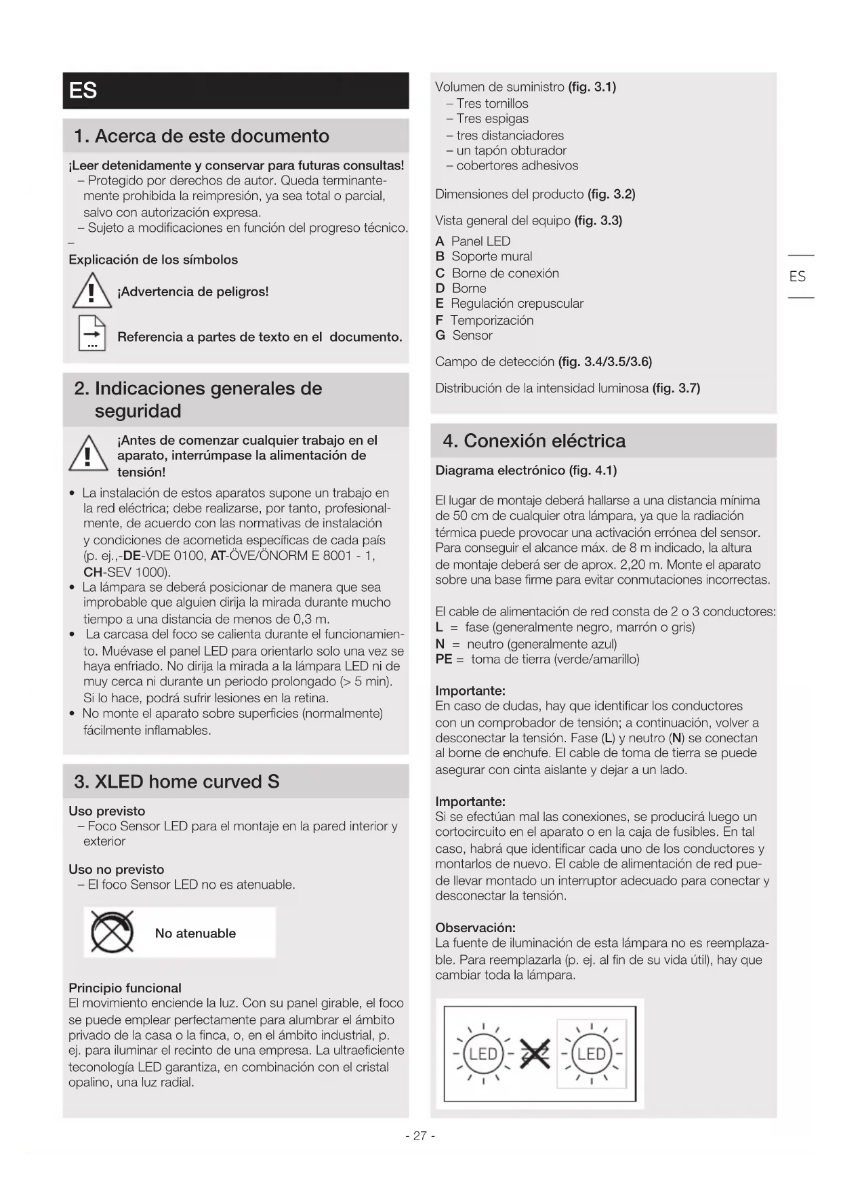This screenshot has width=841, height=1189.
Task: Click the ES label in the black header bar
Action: pyautogui.click(x=83, y=91)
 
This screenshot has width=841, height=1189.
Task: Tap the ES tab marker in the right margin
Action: pyautogui.click(x=798, y=277)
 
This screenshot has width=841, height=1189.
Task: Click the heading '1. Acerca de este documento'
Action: pyautogui.click(x=202, y=136)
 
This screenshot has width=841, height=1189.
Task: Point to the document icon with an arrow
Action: pyautogui.click(x=92, y=334)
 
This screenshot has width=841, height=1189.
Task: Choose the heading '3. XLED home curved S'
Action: pyautogui.click(x=177, y=782)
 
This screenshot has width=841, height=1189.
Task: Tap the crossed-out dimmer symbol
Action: pyautogui.click(x=112, y=933)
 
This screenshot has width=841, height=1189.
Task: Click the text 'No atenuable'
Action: pyautogui.click(x=195, y=933)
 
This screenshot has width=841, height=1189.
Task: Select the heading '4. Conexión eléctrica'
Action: pyautogui.click(x=534, y=441)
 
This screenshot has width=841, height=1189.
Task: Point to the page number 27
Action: pyautogui.click(x=420, y=1135)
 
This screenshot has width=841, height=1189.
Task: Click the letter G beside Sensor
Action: pyautogui.click(x=440, y=336)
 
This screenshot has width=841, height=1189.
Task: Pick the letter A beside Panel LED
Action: pyautogui.click(x=440, y=241)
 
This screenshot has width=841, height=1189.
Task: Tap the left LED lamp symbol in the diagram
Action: pyautogui.click(x=483, y=1054)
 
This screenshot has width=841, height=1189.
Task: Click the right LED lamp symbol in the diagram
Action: pyautogui.click(x=592, y=1054)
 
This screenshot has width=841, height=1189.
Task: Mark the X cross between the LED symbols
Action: pyautogui.click(x=535, y=1054)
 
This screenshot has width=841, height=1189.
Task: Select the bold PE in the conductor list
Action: pyautogui.click(x=443, y=660)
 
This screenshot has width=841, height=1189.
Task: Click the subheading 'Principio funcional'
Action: pyautogui.click(x=125, y=988)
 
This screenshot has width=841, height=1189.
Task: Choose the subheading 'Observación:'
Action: pyautogui.click(x=475, y=927)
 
